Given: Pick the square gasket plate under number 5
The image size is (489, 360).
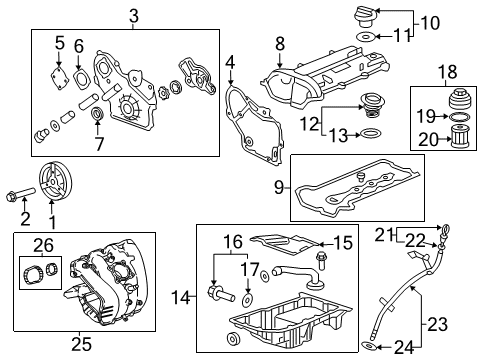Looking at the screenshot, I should tap(63, 73).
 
